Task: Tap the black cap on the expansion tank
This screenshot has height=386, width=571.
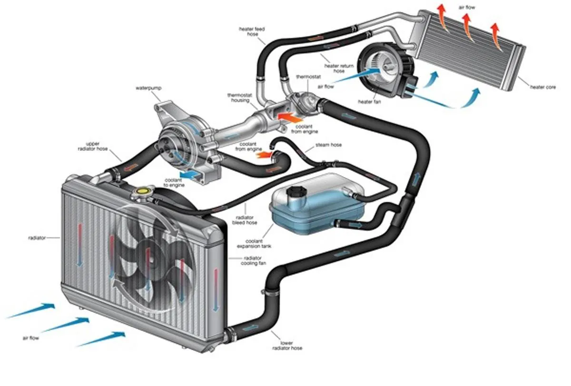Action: coord(296,192)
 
